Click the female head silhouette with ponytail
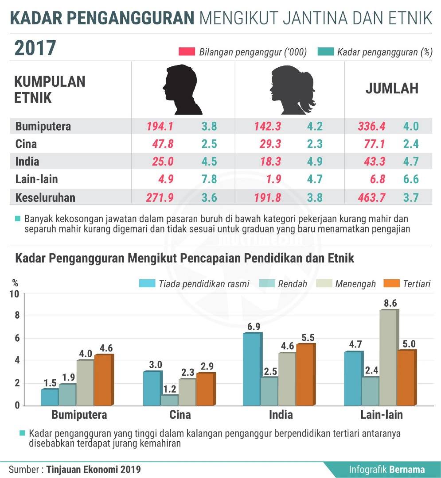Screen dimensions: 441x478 point(293,90)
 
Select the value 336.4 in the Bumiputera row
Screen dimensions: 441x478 point(371,126)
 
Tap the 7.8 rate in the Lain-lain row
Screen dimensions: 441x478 point(209,179)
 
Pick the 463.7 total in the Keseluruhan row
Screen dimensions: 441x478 point(371,197)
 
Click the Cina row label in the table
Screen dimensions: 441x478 point(26,144)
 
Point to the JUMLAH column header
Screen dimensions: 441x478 point(392,89)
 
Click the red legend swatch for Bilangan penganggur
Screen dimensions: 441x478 point(187,51)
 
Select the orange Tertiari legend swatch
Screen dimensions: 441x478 point(391,284)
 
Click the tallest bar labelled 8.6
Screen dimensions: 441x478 point(389,358)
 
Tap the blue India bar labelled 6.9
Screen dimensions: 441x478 point(252,369)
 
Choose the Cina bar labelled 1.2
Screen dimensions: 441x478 point(170,400)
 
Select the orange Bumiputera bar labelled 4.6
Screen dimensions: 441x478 point(104,380)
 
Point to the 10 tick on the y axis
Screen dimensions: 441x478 point(14,294)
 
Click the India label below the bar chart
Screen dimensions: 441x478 point(281,415)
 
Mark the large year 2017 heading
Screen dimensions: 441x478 point(35,48)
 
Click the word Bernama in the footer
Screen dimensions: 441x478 point(407,470)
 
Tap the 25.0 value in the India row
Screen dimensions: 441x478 point(163,162)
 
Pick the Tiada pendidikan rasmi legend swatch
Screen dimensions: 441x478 point(147,284)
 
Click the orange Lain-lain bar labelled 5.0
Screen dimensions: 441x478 point(407,378)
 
